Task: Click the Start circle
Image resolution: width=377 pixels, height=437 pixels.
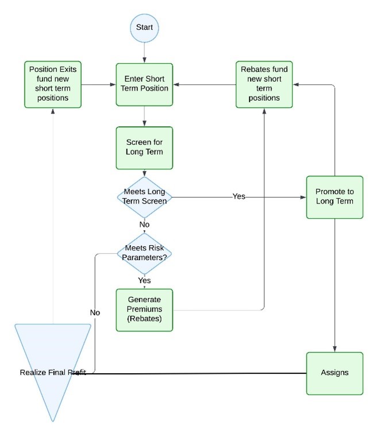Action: point(144,28)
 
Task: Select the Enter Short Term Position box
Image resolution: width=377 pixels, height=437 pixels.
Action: point(144,84)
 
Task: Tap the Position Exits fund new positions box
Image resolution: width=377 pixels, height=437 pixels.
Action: point(52,84)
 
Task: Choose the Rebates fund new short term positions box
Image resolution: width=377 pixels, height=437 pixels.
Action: point(264,84)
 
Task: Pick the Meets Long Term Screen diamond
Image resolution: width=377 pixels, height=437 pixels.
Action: point(144,196)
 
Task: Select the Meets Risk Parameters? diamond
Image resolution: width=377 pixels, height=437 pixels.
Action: point(144,252)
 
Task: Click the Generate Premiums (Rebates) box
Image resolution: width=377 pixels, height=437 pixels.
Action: point(144,310)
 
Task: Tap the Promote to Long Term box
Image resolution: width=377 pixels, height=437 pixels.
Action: point(334,197)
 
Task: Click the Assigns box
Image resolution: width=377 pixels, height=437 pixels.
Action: point(334,373)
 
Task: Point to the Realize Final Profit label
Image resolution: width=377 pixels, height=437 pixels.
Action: point(53,373)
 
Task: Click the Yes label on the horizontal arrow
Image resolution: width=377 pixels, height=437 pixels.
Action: point(238,196)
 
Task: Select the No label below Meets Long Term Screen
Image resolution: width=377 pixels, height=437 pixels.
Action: point(144,225)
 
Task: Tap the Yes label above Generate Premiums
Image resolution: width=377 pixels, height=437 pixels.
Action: point(144,280)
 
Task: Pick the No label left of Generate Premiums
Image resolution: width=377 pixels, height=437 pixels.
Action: point(95,312)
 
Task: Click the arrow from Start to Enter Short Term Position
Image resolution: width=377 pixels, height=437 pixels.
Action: point(144,52)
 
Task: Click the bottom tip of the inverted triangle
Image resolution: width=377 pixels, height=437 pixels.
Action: point(53,420)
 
